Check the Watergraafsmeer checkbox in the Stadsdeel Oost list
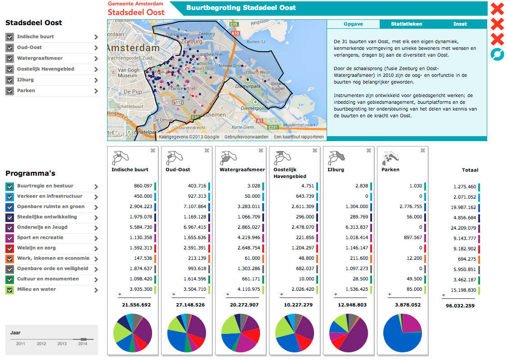tap(10, 58)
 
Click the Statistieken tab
tap(406, 24)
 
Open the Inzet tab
tap(460, 24)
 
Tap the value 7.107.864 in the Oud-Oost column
tap(195, 206)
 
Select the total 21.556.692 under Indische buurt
tap(136, 305)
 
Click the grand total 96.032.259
tap(460, 306)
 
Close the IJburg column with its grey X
tap(368, 151)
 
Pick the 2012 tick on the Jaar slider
tap(41, 343)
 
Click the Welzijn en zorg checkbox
tap(10, 249)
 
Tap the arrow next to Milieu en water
tap(96, 290)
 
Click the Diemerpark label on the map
tap(248, 87)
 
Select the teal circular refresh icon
tap(497, 54)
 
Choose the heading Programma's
tap(31, 173)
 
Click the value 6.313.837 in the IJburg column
tap(357, 227)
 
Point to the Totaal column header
tap(470, 170)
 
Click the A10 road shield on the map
tap(235, 33)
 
